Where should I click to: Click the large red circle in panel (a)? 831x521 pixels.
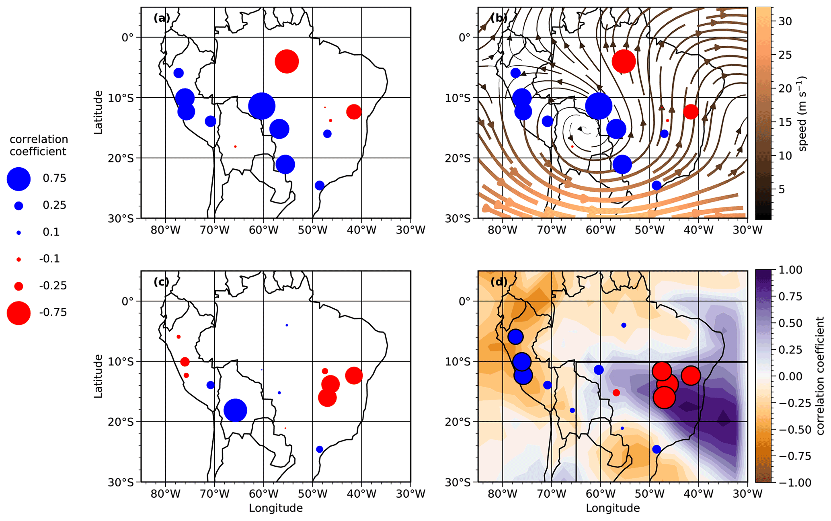point(287,62)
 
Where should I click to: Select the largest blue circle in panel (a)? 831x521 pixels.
point(262,106)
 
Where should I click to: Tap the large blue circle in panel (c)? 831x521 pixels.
point(235,410)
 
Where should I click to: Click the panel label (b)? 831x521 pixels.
point(499,18)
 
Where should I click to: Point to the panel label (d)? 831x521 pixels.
point(499,282)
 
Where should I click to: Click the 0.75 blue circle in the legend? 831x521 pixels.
point(18,179)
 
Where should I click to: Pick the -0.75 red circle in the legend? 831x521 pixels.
point(18,313)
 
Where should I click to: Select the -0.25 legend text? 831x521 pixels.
point(53,286)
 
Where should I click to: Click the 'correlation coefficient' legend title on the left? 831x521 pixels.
point(39,145)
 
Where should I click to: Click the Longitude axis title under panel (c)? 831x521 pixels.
point(275,508)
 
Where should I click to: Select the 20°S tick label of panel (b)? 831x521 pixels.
point(457,158)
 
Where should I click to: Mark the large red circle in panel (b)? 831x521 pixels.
point(624,62)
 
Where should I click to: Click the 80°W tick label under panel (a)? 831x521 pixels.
point(166,230)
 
